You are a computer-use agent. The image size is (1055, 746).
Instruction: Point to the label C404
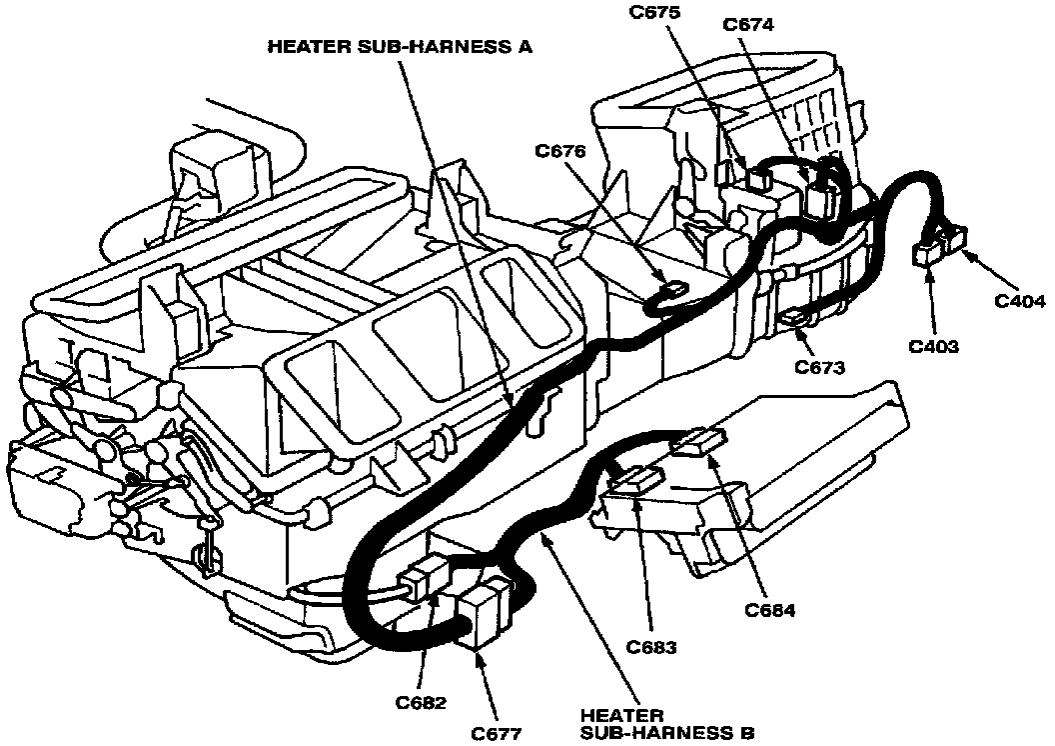point(1019,300)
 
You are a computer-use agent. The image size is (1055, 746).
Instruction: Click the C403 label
point(934,347)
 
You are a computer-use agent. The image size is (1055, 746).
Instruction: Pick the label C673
point(820,367)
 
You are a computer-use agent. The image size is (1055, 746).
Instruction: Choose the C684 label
point(769,611)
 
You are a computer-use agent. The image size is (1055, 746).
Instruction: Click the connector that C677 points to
point(483,611)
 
